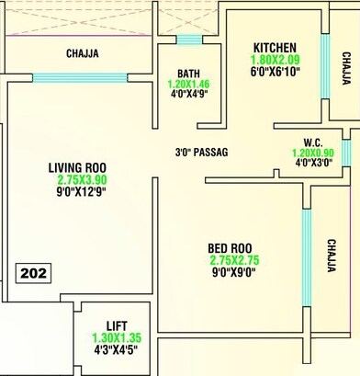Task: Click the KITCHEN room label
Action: (x=275, y=47)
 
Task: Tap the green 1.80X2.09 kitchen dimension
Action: (x=274, y=60)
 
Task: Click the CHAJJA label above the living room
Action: (x=83, y=53)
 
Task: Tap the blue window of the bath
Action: (x=189, y=40)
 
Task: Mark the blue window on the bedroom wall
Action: (x=306, y=245)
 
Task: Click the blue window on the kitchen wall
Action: (x=323, y=67)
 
